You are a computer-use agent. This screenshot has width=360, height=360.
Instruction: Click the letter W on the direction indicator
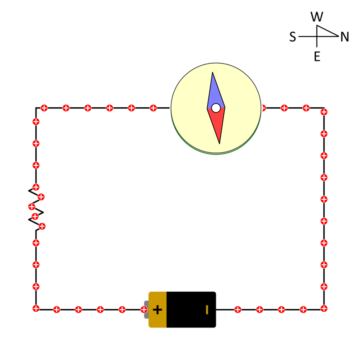(x=317, y=17)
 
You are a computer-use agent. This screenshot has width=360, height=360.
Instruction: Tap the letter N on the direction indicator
(x=345, y=37)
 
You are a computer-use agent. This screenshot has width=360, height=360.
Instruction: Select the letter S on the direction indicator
(x=293, y=37)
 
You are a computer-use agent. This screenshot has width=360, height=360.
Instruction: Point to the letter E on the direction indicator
(x=317, y=56)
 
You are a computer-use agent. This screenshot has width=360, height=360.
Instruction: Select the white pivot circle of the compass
(x=216, y=108)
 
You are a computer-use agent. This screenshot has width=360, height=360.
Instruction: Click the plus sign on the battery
(x=158, y=310)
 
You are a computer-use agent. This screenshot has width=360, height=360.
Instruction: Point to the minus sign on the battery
(x=207, y=310)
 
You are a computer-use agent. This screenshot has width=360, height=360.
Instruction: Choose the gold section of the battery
(x=158, y=310)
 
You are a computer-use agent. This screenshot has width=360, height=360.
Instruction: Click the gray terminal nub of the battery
(x=146, y=310)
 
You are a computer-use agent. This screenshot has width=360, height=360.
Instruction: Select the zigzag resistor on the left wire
(x=36, y=209)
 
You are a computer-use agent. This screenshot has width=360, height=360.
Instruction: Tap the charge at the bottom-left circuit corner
(x=36, y=308)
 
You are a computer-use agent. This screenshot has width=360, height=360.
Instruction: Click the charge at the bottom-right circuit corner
(x=324, y=308)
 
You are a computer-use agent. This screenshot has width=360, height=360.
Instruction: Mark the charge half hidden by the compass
(x=263, y=108)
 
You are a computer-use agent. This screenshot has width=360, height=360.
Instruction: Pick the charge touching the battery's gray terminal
(x=144, y=310)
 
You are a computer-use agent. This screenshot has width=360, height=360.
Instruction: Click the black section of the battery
(x=191, y=310)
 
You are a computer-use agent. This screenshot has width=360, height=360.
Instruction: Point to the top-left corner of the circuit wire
(x=36, y=108)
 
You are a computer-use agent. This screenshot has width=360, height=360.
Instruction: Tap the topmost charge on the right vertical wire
(x=324, y=112)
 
